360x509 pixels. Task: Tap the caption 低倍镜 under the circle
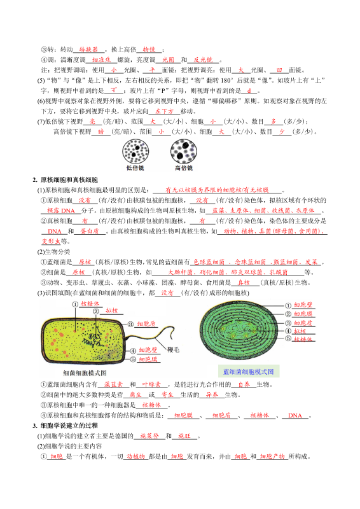point(135,169)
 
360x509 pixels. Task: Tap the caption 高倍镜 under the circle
point(184,169)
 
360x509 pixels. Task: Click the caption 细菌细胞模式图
point(85,372)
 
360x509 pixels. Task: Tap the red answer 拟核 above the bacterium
point(113,310)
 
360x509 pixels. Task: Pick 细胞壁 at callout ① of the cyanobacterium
point(303,305)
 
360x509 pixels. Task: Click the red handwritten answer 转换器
point(89,49)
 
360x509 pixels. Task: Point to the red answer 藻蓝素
point(113,384)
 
